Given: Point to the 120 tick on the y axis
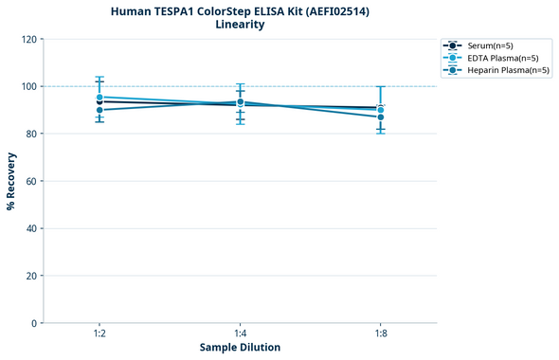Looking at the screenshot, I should [x=28, y=39].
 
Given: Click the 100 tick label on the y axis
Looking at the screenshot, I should [x=28, y=86].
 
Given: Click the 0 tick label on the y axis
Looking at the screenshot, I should [x=34, y=323].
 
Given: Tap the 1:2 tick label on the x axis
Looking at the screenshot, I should [x=99, y=333].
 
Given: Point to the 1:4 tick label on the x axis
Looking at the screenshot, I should [x=240, y=333].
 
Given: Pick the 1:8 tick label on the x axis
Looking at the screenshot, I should [x=381, y=333].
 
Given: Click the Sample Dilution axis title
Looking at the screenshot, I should [x=240, y=348].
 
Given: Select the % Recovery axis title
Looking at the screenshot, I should [x=11, y=181].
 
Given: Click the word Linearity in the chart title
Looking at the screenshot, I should [x=240, y=25].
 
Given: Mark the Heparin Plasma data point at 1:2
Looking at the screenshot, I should [x=99, y=110].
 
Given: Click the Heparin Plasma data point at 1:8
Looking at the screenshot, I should [x=381, y=117].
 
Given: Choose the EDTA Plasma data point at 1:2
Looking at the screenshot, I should [x=99, y=97].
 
